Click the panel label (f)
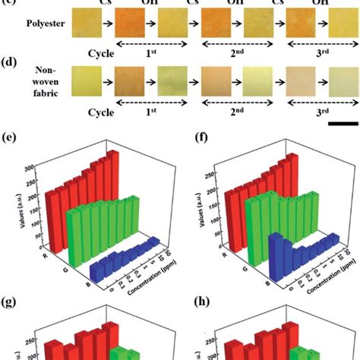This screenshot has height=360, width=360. [195, 140]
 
